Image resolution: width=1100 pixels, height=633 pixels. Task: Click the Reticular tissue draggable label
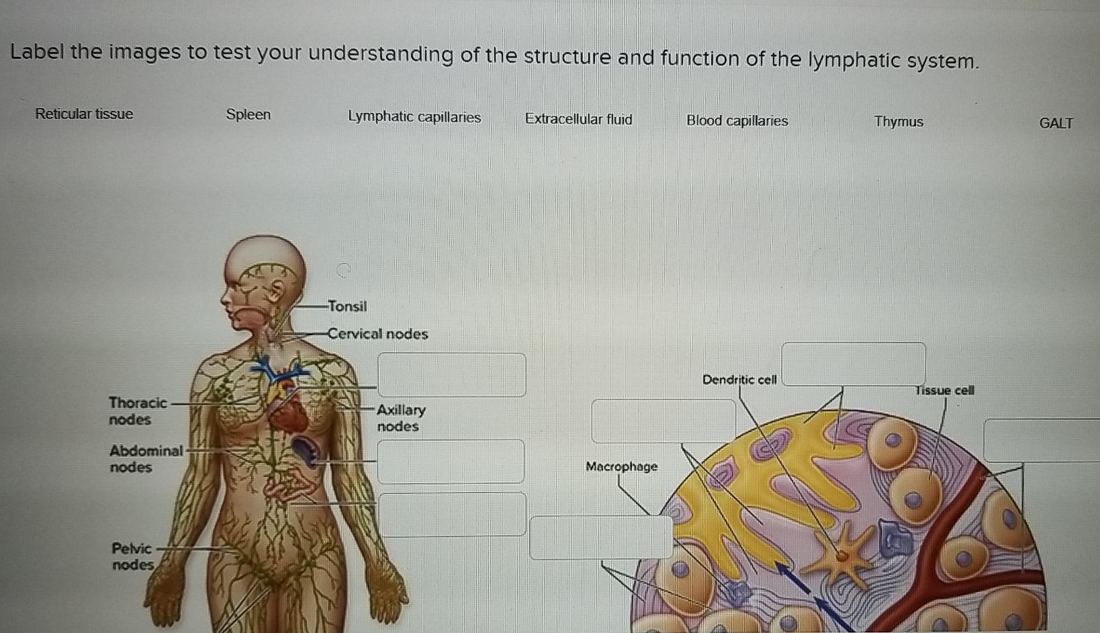click(84, 114)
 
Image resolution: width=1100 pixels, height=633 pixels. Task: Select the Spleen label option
click(248, 115)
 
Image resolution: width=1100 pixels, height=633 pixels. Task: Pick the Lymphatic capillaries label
click(414, 117)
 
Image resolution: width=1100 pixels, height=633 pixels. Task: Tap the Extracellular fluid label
click(578, 120)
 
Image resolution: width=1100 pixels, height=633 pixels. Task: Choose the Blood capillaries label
click(737, 121)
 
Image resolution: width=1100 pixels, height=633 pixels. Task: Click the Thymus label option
click(899, 122)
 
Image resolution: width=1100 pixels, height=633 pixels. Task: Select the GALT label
click(1056, 123)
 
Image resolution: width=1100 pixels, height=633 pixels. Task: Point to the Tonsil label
click(347, 306)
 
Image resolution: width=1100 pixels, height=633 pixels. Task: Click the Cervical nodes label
click(377, 334)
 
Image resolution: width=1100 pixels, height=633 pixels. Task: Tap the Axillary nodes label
click(400, 418)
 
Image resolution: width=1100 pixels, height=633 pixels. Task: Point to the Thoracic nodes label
click(137, 411)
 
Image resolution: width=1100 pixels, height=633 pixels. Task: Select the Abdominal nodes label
click(146, 458)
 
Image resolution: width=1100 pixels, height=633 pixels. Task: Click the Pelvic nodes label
click(132, 556)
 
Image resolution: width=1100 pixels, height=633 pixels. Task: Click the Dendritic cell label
click(739, 380)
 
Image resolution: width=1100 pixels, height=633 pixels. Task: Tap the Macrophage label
click(621, 466)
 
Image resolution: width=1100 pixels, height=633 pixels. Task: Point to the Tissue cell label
click(944, 390)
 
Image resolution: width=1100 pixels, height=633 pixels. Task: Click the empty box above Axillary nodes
click(451, 374)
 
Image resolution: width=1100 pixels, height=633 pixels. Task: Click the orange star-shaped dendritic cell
click(841, 555)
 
